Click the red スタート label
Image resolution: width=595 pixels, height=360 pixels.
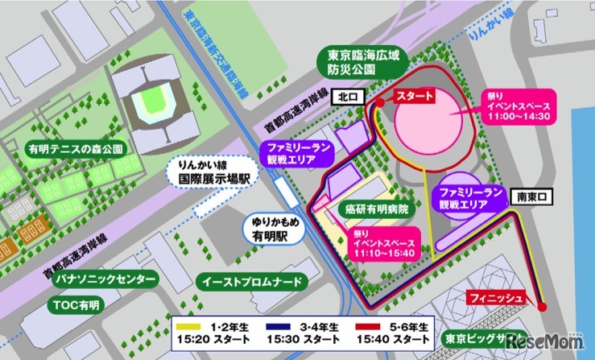[413, 96]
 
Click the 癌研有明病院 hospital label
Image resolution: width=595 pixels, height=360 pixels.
[375, 208]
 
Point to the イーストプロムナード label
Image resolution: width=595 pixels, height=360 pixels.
[251, 282]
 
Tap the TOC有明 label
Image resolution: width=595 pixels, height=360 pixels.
[78, 305]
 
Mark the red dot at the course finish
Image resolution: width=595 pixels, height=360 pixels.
[542, 306]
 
